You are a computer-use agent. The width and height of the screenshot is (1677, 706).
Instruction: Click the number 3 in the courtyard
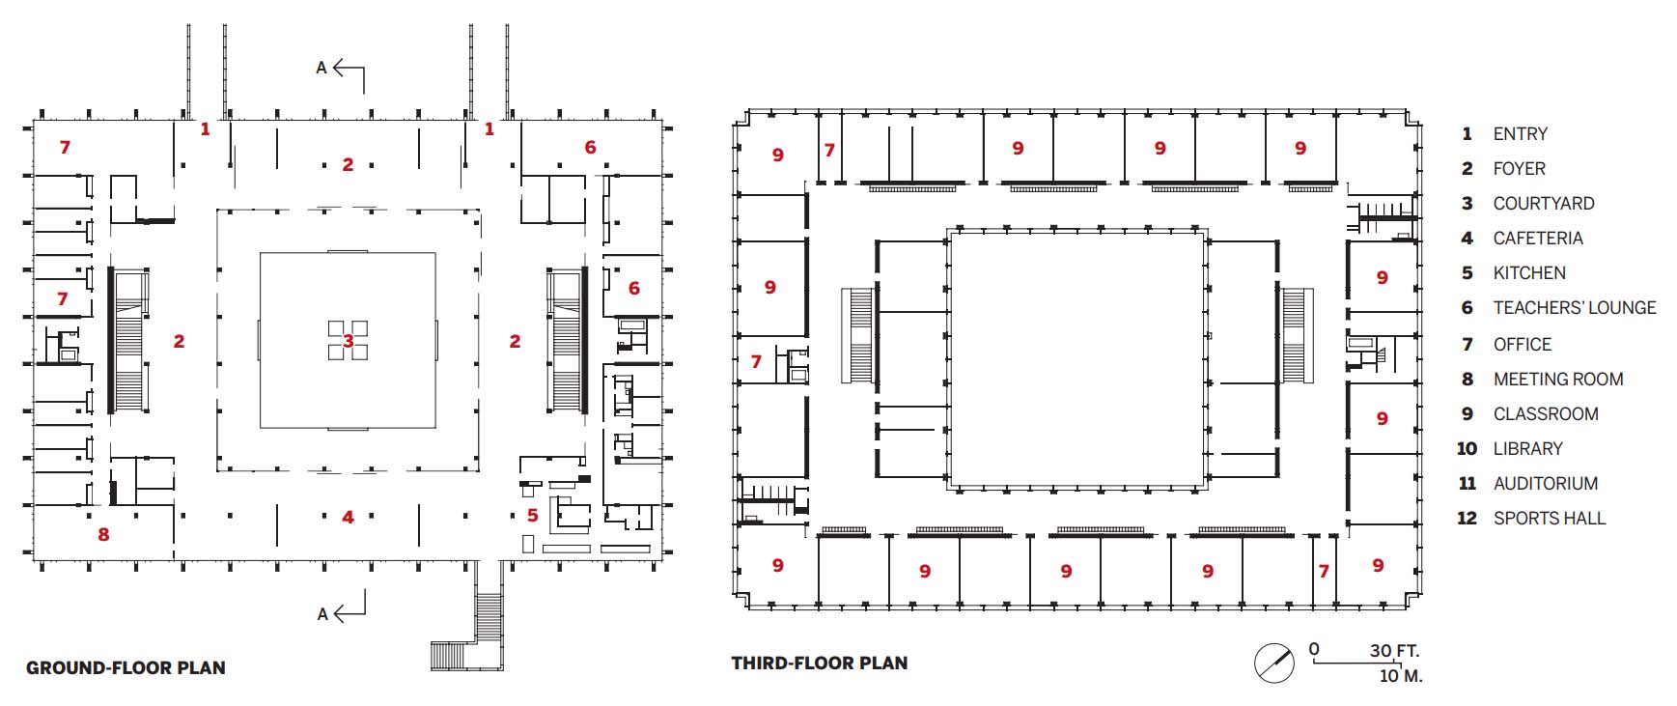click(349, 341)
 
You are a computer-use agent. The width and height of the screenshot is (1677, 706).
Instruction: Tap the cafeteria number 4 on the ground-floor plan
click(348, 518)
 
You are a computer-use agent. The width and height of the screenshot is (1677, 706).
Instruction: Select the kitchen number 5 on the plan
click(532, 516)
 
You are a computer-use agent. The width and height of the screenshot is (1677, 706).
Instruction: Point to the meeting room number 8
click(103, 534)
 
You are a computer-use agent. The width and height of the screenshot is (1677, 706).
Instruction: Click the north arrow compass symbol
click(1274, 664)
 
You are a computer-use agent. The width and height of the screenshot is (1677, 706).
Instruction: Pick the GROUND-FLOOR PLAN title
click(126, 667)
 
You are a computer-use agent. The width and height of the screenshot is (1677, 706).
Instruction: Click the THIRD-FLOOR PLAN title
click(820, 664)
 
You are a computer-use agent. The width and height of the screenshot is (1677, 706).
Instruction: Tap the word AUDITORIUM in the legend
click(1546, 483)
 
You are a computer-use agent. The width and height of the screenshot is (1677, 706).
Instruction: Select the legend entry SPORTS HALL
click(1550, 518)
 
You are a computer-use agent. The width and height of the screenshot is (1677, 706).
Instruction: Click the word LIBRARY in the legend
click(1528, 448)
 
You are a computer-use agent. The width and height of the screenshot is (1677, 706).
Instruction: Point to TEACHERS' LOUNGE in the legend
click(1575, 308)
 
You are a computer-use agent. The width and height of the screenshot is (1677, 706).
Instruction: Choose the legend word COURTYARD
click(1544, 204)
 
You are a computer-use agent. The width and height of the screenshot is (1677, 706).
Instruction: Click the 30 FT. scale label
click(1395, 651)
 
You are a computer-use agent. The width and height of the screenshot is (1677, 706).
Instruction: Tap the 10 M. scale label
click(1401, 676)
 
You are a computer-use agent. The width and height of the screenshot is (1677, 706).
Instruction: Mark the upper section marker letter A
click(321, 68)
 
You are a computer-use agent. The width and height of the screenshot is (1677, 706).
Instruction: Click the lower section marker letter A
click(322, 614)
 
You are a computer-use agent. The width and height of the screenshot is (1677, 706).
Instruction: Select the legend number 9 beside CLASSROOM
click(1467, 414)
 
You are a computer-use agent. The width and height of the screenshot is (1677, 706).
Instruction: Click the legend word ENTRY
click(1521, 134)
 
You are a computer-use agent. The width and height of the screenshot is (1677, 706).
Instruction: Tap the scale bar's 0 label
click(1314, 649)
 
